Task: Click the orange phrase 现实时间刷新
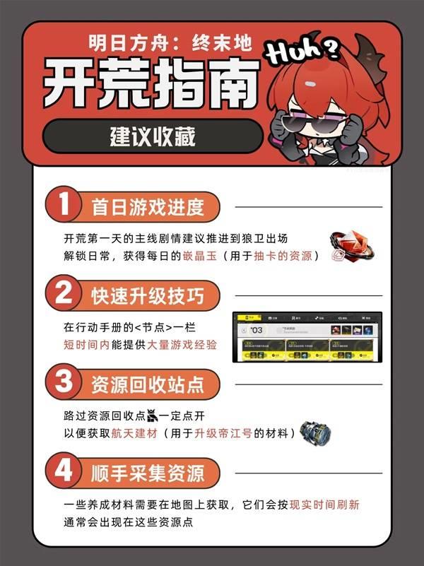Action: point(330,505)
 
